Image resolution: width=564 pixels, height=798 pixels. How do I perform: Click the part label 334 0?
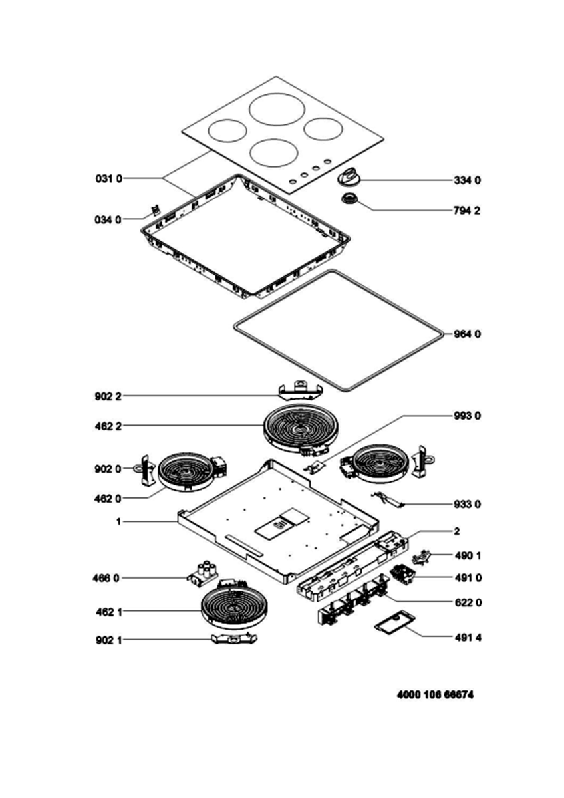pyautogui.click(x=467, y=180)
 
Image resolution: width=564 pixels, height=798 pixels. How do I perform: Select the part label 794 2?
pyautogui.click(x=467, y=211)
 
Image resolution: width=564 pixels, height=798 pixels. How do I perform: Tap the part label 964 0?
pyautogui.click(x=467, y=334)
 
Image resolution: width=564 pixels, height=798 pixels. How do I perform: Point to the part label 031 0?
pyautogui.click(x=109, y=178)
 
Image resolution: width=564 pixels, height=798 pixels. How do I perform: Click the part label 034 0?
pyautogui.click(x=108, y=220)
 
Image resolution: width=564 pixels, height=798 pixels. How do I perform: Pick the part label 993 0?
pyautogui.click(x=467, y=416)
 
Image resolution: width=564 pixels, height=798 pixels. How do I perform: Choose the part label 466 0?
pyautogui.click(x=106, y=578)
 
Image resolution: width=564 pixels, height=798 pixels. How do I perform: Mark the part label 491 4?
pyautogui.click(x=468, y=638)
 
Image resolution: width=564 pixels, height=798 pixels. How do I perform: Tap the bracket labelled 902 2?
pyautogui.click(x=301, y=391)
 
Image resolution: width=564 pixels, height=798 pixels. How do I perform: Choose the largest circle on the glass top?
pyautogui.click(x=277, y=110)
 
